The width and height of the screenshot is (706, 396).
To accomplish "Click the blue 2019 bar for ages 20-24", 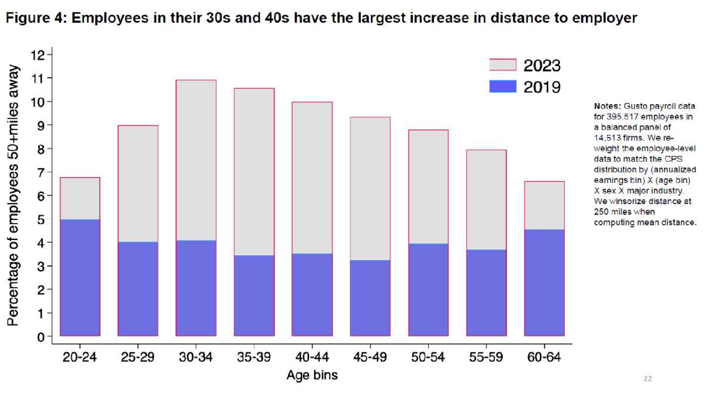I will (x=80, y=277).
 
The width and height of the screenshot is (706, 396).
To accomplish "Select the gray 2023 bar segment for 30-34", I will (x=196, y=160).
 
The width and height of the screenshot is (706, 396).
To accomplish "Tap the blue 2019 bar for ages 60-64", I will (x=545, y=282).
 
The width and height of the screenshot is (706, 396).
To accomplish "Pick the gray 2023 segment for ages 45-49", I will (x=370, y=188).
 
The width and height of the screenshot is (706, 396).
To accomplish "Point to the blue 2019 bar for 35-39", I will (x=254, y=295).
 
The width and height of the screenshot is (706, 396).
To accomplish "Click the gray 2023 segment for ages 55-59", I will (x=486, y=199).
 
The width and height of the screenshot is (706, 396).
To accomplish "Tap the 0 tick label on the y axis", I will (x=41, y=337).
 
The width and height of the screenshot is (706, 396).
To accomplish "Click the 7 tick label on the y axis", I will (x=41, y=172).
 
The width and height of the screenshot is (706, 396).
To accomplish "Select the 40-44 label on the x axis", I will (x=312, y=357).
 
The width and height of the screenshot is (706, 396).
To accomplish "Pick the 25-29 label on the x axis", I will (x=138, y=357).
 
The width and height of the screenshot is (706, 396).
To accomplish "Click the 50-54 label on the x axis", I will (x=428, y=357).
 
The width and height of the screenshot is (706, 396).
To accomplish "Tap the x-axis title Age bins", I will (x=312, y=375).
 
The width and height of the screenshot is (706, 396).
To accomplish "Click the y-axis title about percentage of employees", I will (x=13, y=195).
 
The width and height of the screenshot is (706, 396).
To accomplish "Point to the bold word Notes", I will (x=607, y=107).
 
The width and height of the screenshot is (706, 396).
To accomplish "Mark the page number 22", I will (x=648, y=379).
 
